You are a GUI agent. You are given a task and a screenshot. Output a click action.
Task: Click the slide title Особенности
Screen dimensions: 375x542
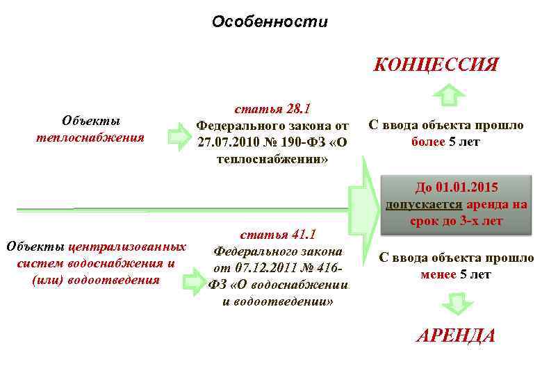(270, 22)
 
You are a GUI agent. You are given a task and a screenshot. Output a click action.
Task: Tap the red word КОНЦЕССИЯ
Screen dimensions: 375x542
(436, 65)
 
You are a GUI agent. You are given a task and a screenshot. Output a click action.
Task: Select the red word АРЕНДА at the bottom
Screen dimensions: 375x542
(456, 336)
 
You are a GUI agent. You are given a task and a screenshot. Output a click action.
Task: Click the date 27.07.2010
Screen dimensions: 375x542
(225, 142)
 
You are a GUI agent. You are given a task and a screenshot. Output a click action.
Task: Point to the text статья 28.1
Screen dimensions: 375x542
(272, 109)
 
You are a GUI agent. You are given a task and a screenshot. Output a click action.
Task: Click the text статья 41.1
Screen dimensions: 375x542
(278, 235)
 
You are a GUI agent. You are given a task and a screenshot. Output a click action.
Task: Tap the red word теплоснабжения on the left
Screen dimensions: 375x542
(90, 137)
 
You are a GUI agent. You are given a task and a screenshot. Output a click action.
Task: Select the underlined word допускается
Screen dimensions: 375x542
(424, 205)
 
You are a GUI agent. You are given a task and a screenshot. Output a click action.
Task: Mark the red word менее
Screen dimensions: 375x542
(438, 274)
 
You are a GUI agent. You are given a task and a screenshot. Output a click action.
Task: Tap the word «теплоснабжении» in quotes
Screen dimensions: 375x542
(272, 159)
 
